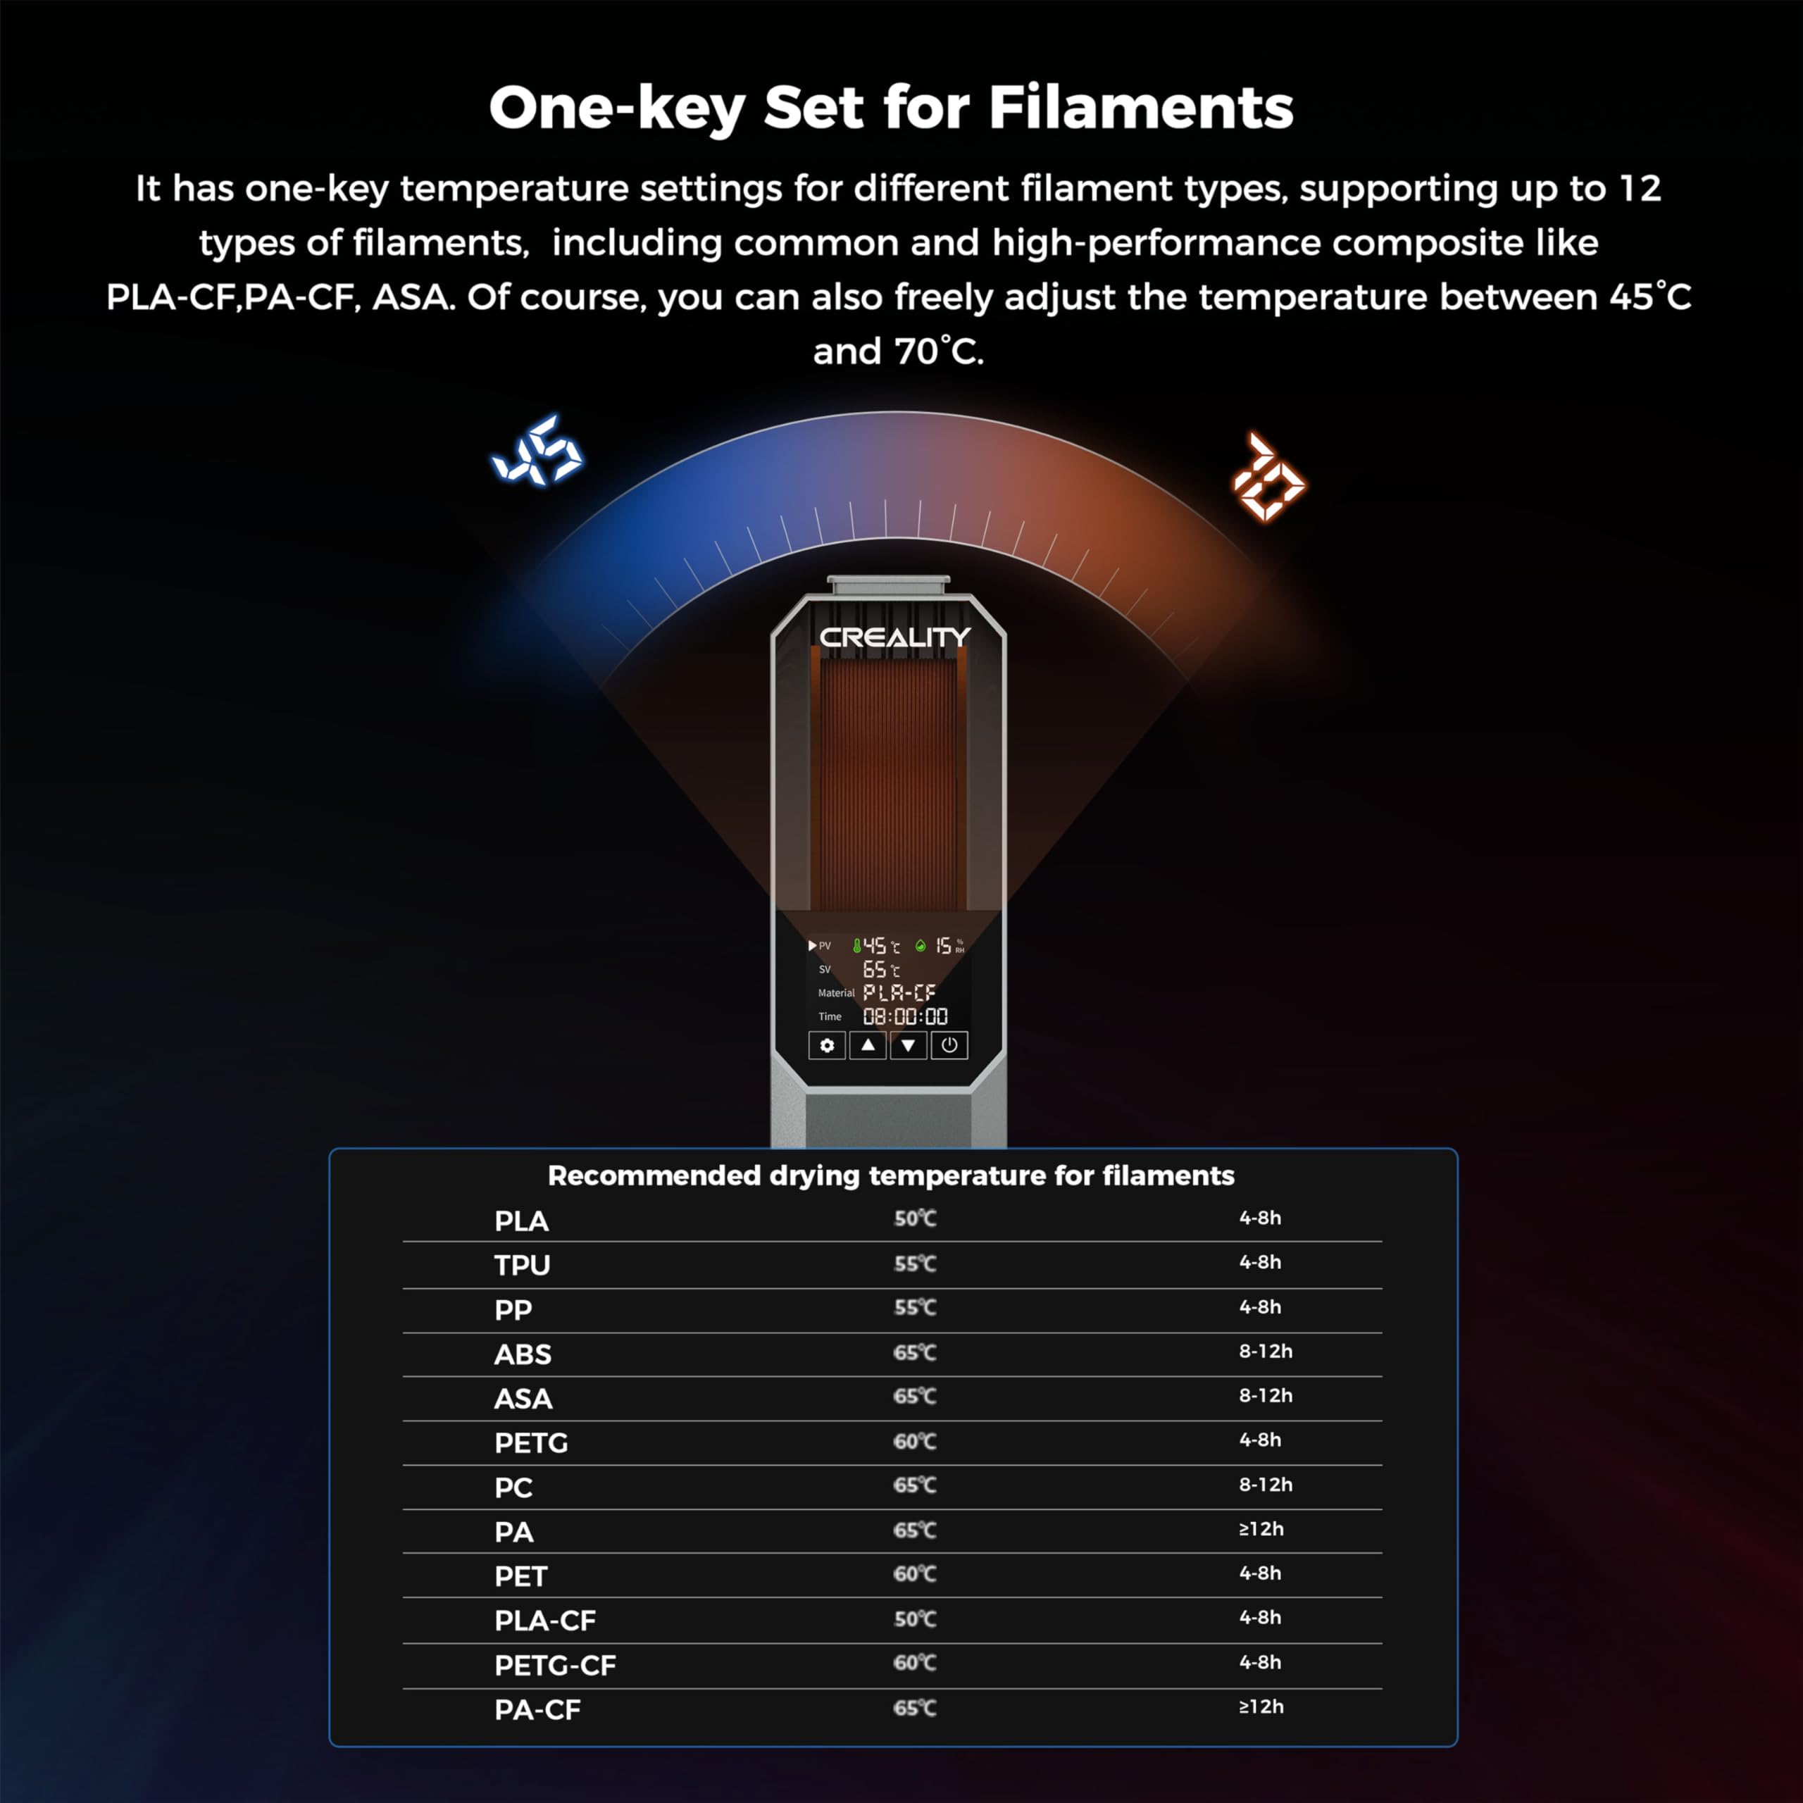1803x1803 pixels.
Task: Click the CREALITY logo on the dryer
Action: [894, 637]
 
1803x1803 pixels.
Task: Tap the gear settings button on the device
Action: [827, 1045]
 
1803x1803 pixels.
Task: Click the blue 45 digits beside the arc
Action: [537, 451]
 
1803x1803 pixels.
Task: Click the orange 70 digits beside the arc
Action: [1268, 476]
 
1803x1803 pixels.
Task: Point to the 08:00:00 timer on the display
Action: [905, 1016]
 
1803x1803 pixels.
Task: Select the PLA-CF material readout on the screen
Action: [899, 993]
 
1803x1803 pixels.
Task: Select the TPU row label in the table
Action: [522, 1266]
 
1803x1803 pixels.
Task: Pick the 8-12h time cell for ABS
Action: [1266, 1352]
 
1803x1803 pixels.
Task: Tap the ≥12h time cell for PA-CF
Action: [1261, 1707]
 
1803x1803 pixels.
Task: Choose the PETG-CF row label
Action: [555, 1666]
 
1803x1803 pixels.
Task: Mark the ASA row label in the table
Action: [523, 1399]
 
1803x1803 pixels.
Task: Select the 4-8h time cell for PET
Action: [1260, 1573]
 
